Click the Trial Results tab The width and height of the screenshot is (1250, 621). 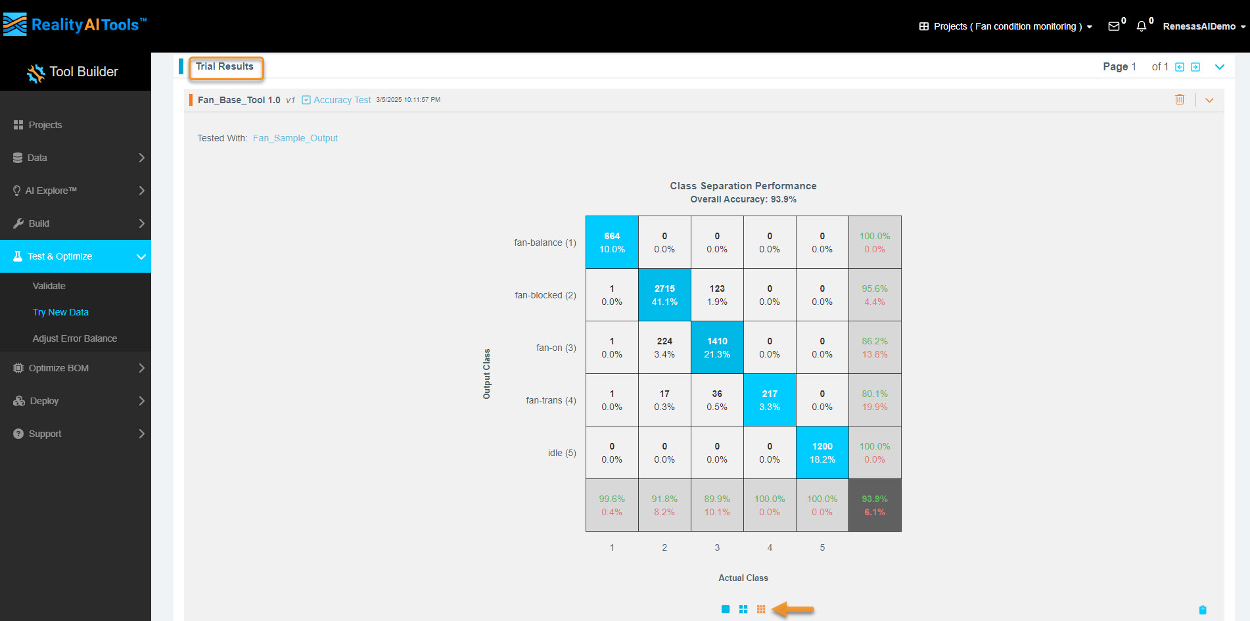pos(225,67)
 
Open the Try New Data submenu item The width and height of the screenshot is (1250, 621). pos(60,312)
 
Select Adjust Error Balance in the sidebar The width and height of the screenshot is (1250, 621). pos(74,338)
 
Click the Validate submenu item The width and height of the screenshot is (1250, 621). pos(49,286)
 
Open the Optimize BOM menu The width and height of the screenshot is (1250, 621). pos(58,368)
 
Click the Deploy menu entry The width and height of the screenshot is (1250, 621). pos(44,401)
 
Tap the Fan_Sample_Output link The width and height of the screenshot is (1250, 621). pos(295,138)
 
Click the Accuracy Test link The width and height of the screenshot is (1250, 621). pos(342,100)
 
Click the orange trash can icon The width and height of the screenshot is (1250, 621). pos(1180,99)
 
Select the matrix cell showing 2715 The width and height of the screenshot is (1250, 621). pos(664,295)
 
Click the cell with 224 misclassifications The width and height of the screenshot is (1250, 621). pos(664,348)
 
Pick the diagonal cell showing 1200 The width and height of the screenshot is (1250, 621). pos(822,453)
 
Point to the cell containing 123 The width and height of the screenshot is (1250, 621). pos(717,295)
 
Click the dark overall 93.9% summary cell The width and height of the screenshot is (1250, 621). pos(875,505)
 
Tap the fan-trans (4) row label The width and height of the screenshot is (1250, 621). pos(551,400)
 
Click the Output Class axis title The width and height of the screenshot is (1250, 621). pos(487,374)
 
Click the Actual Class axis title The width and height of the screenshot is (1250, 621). pos(743,578)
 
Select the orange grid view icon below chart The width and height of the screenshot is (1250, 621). pos(761,609)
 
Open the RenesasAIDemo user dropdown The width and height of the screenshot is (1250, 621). pos(1203,26)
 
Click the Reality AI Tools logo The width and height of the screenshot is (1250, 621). pos(74,25)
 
